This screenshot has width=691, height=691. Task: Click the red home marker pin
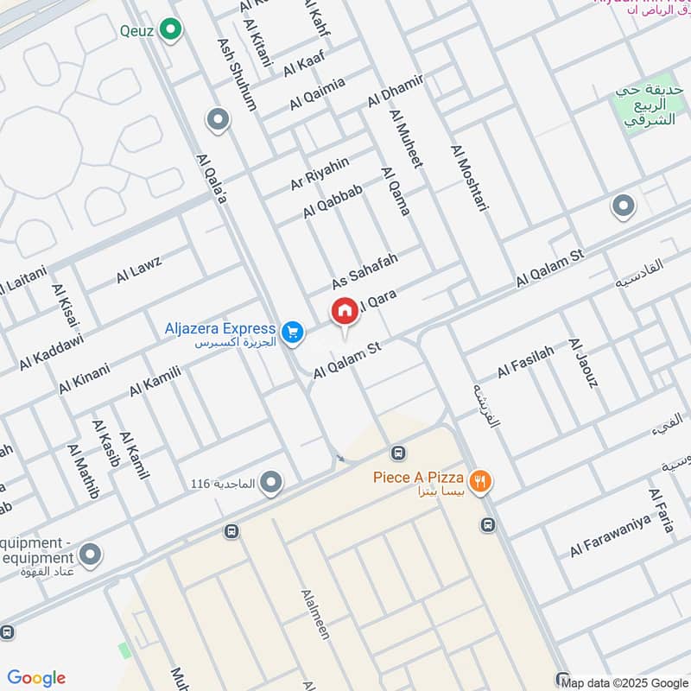344,312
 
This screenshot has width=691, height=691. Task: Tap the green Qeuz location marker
171,32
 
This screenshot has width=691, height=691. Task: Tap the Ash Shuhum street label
238,73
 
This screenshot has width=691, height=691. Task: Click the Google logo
36,678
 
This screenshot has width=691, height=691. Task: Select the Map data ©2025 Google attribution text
624,681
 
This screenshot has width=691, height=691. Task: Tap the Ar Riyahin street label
320,174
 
